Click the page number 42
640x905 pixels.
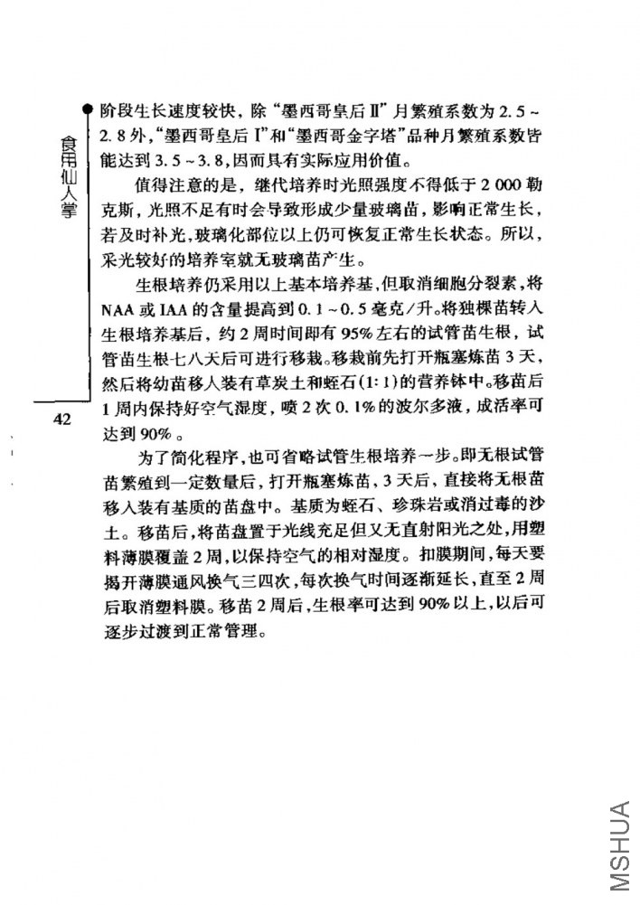(61, 419)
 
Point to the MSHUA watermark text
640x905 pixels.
(620, 851)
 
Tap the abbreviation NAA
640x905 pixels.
(116, 305)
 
